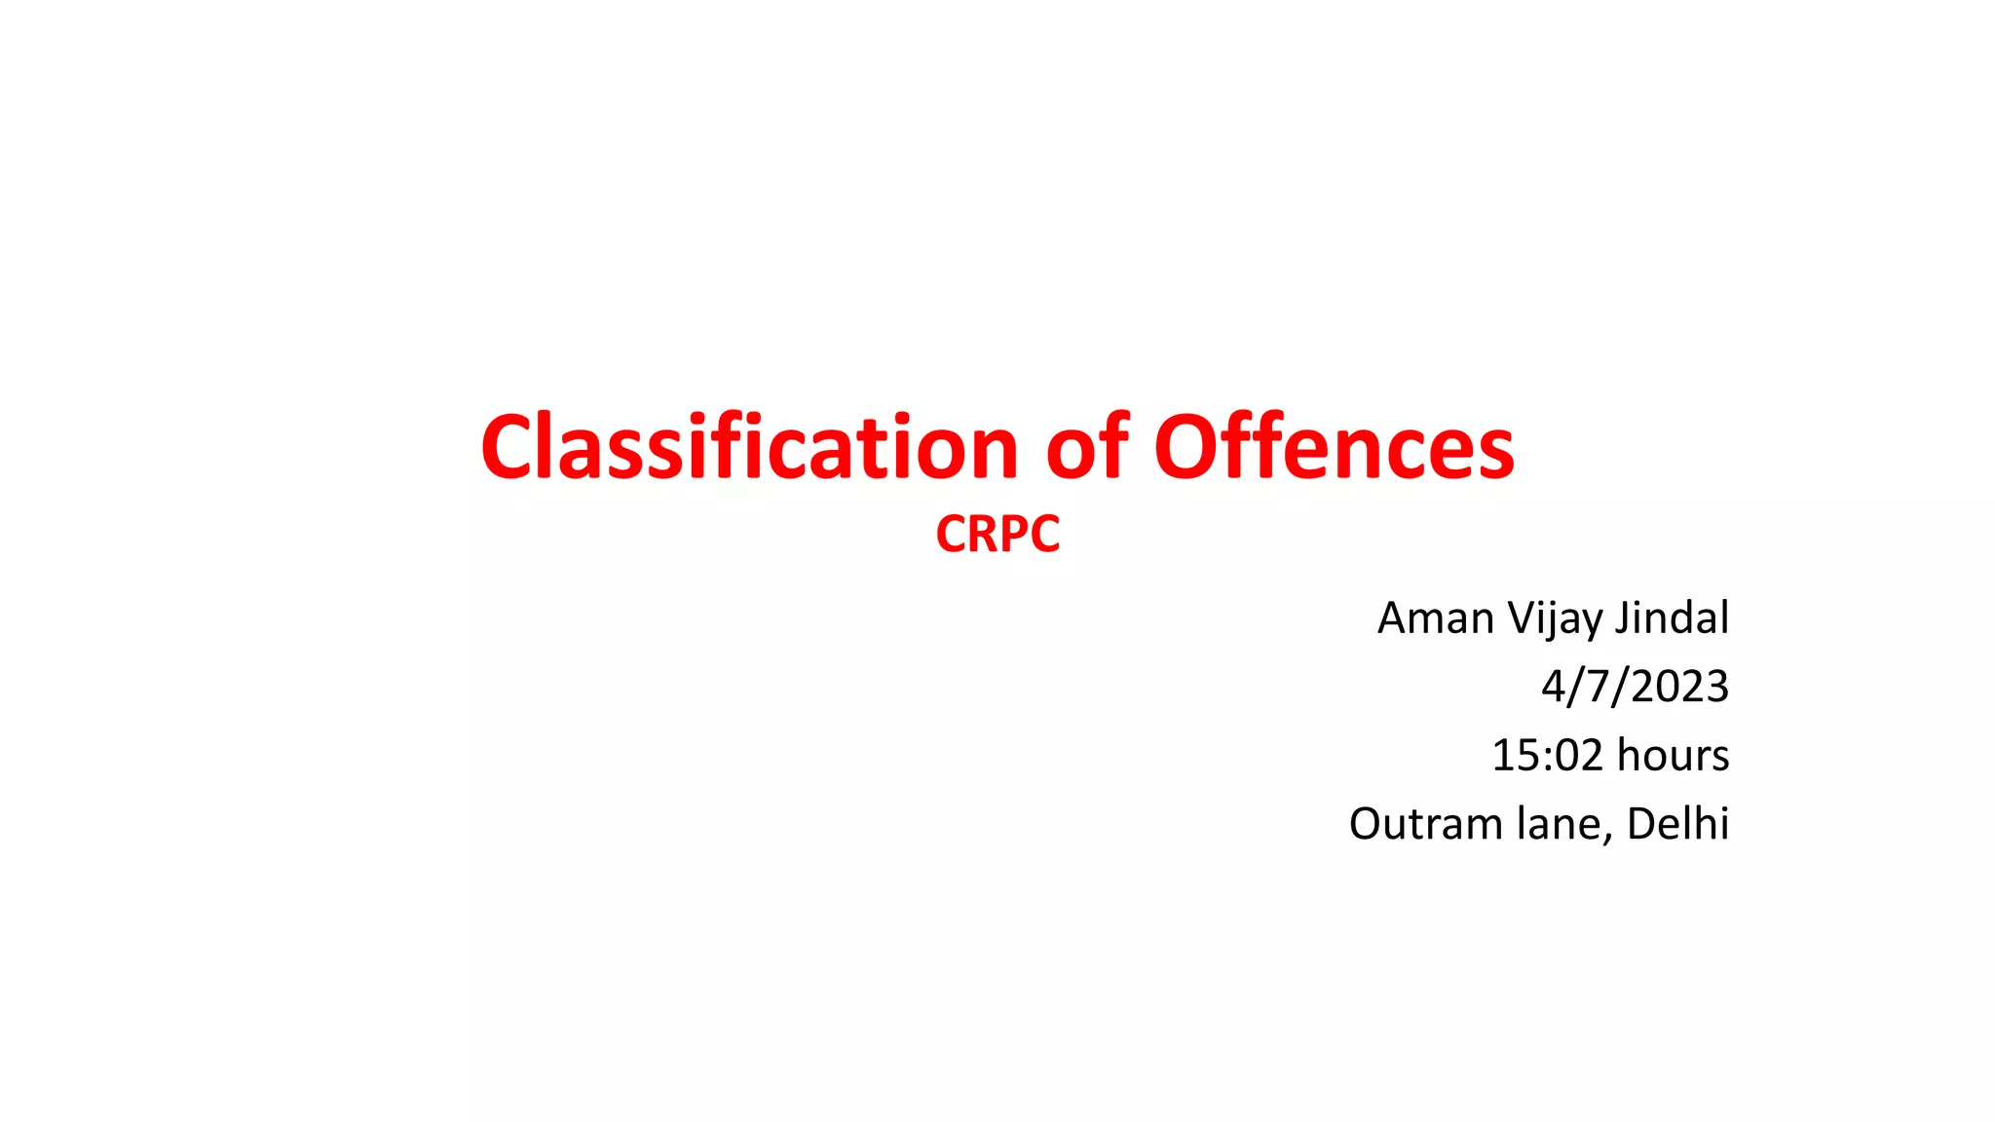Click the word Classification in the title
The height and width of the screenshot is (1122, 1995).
pyautogui.click(x=749, y=448)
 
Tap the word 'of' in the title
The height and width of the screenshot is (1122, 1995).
pyautogui.click(x=1087, y=448)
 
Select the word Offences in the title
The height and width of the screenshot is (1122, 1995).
pyautogui.click(x=1334, y=448)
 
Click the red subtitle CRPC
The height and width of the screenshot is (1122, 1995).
pyautogui.click(x=997, y=534)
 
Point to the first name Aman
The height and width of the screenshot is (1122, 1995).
pyautogui.click(x=1435, y=618)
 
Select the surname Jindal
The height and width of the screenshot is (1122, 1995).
pyautogui.click(x=1673, y=618)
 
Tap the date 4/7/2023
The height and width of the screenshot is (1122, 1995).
pyautogui.click(x=1635, y=687)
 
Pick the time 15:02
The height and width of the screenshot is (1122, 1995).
pyautogui.click(x=1547, y=756)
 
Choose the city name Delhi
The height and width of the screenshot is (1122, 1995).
pyautogui.click(x=1677, y=824)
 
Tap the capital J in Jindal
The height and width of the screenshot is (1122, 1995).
pyautogui.click(x=1624, y=618)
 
